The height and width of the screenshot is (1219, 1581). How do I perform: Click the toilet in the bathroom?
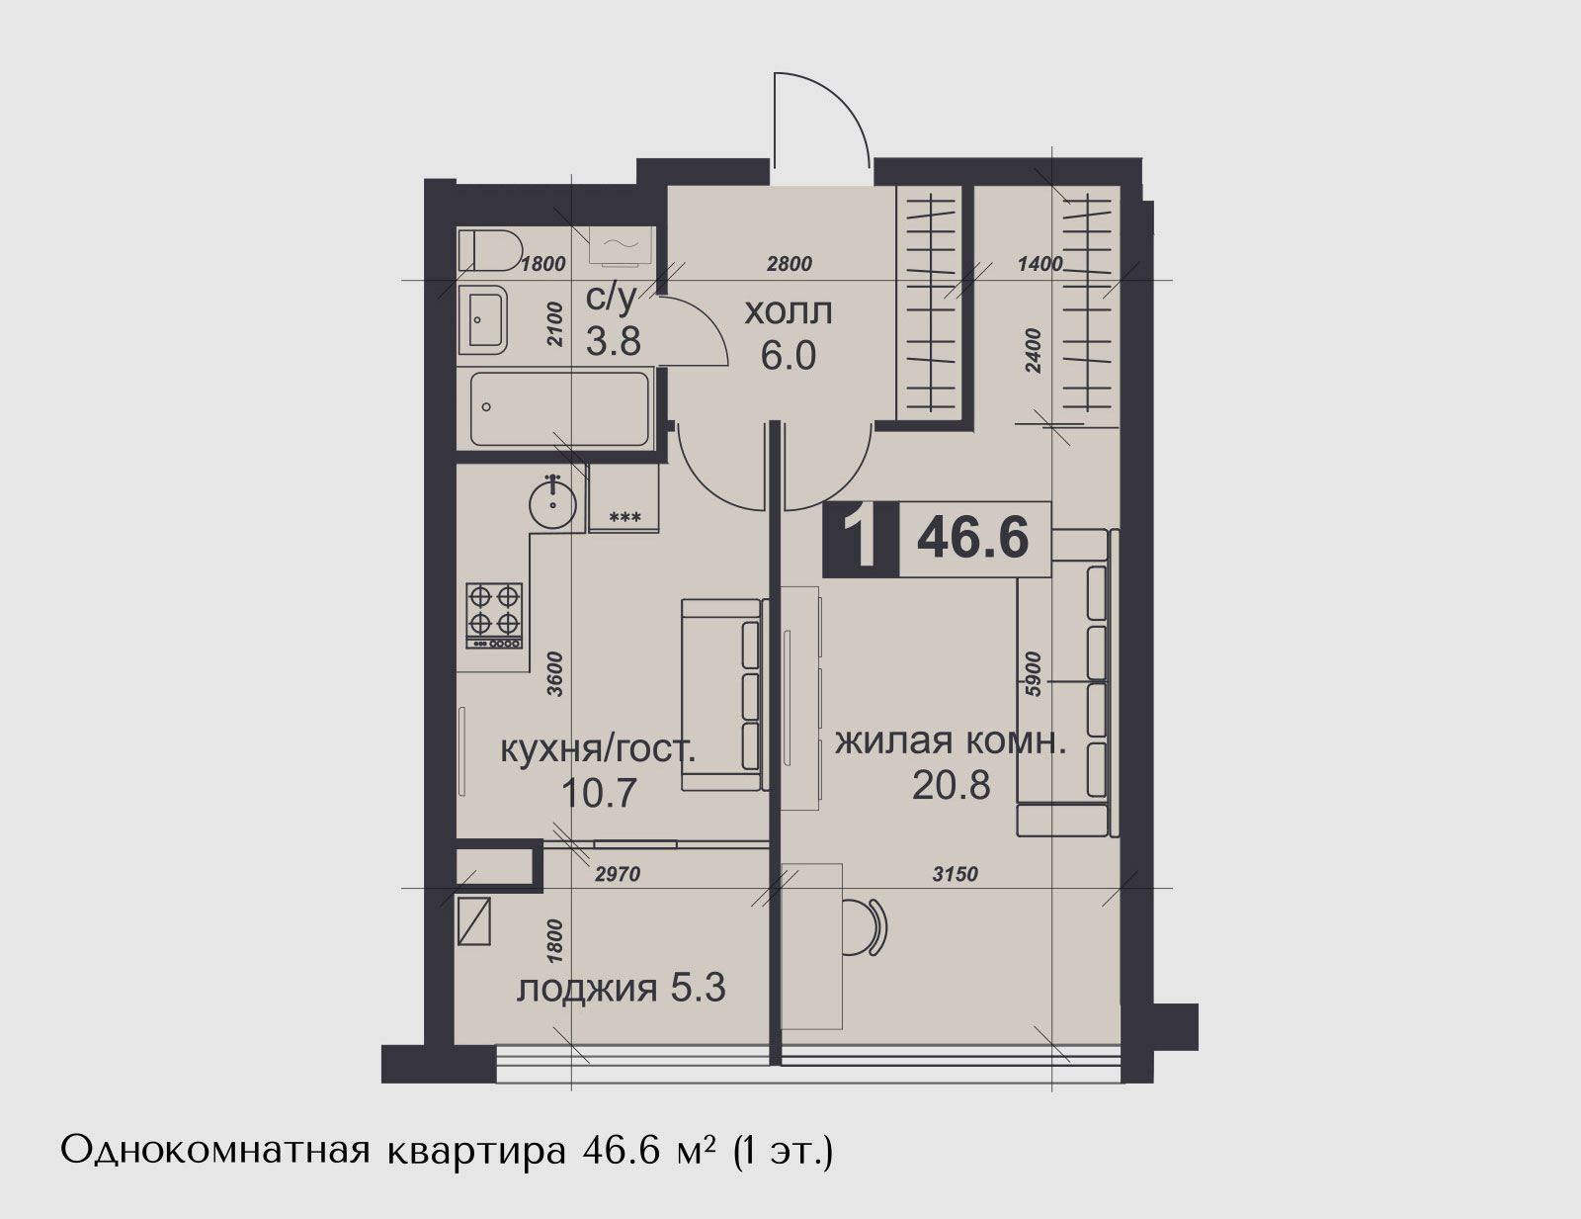[490, 250]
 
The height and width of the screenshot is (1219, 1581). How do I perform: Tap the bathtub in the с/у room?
[559, 409]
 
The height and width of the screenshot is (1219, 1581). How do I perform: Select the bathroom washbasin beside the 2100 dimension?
[482, 319]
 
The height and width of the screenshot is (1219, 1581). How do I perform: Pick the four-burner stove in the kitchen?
[494, 616]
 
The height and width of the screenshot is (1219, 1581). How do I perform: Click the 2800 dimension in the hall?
[790, 263]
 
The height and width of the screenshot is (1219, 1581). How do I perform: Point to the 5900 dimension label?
[1034, 674]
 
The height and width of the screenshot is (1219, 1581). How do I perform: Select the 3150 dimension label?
[956, 874]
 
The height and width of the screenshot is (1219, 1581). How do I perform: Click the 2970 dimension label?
[618, 874]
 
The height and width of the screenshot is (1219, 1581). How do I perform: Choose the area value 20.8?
[951, 786]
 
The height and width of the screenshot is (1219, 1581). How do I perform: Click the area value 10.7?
[599, 793]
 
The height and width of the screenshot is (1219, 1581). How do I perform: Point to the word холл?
[788, 313]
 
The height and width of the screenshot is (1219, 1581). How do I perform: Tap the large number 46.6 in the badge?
[972, 538]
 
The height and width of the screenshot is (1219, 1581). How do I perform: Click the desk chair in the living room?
[866, 927]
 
